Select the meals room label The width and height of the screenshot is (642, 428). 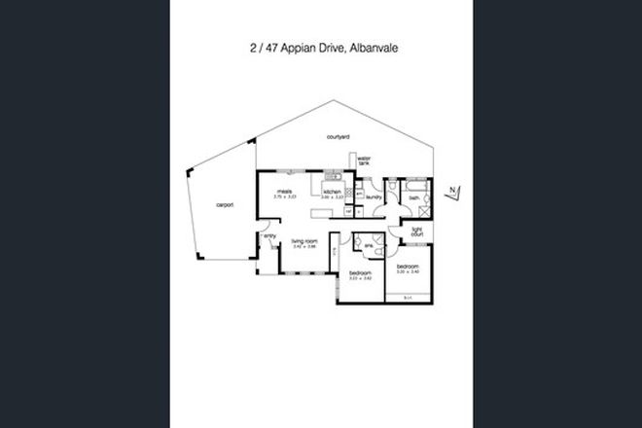tap(285, 192)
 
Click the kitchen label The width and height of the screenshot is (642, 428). tap(332, 193)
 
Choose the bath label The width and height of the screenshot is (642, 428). tap(413, 197)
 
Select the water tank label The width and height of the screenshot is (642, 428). tap(365, 162)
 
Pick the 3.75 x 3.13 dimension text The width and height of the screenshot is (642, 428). tap(285, 197)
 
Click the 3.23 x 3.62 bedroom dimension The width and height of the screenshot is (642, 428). tap(361, 279)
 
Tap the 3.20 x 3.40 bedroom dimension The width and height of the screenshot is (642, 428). tap(407, 271)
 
